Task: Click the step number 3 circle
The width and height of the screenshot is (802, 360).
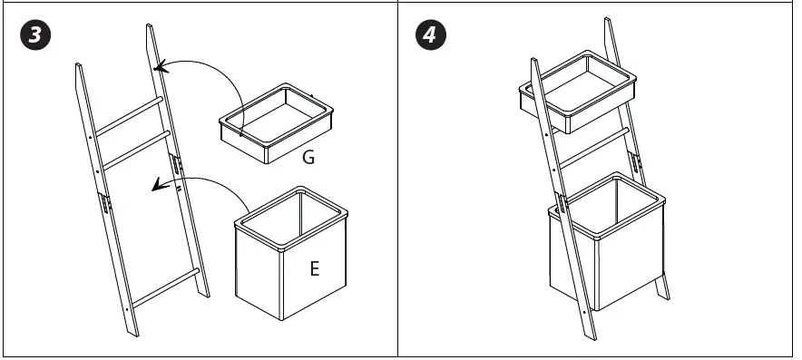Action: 35,34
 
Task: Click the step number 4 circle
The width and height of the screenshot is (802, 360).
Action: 430,34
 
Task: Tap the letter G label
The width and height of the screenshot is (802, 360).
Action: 308,158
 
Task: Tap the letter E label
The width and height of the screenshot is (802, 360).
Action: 315,268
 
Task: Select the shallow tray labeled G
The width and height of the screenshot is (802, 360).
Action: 276,122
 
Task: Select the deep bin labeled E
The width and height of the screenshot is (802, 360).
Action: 291,253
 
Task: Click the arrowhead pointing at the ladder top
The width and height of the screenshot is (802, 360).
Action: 161,67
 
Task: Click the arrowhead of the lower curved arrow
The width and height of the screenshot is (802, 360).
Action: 160,185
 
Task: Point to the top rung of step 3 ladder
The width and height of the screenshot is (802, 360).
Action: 129,116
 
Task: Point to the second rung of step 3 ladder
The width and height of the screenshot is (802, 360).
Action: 136,151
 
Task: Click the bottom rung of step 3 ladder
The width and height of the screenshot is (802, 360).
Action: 165,287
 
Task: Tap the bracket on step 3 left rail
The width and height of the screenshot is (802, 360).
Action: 105,203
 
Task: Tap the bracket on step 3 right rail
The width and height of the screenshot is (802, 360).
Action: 177,165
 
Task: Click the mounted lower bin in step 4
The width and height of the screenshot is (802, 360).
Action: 607,241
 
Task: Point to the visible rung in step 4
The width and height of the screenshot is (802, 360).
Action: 594,148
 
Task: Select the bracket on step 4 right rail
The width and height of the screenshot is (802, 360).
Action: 636,161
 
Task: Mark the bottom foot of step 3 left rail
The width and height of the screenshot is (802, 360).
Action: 133,333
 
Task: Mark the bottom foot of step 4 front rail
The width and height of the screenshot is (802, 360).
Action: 591,336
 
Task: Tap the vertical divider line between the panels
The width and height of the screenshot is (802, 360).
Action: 398,179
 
